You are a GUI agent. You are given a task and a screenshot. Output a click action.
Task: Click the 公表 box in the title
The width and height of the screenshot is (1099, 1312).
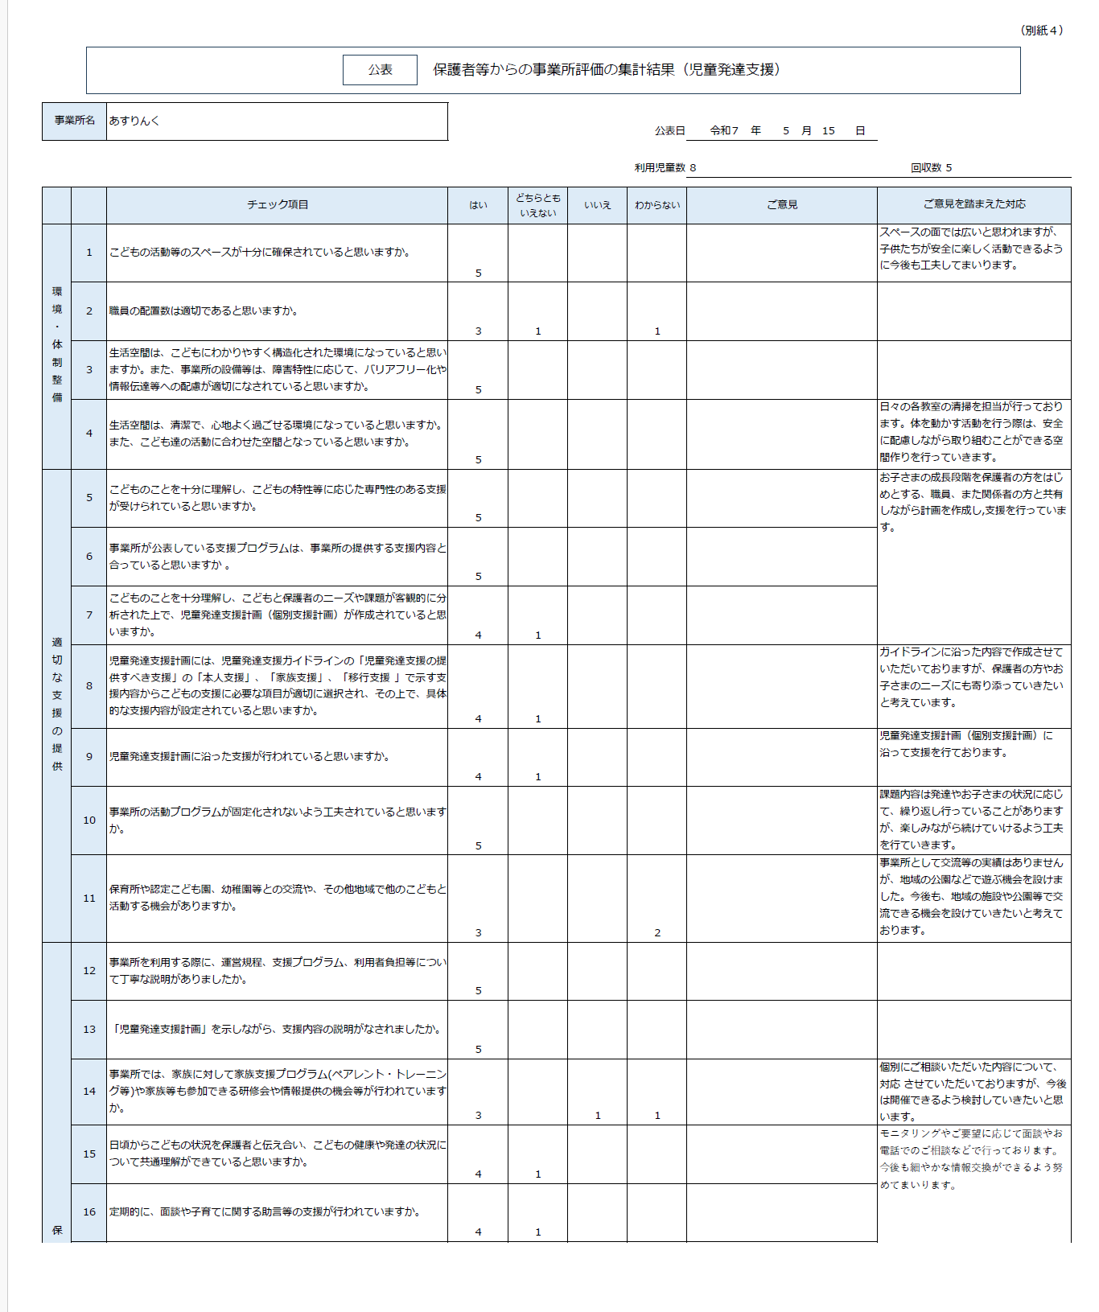click(x=380, y=70)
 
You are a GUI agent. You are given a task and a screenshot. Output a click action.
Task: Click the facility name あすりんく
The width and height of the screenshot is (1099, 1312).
click(x=134, y=121)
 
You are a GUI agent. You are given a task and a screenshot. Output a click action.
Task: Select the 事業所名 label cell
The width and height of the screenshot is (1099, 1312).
click(x=74, y=121)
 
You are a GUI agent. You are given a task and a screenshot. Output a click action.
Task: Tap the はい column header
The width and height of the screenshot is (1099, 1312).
click(x=478, y=205)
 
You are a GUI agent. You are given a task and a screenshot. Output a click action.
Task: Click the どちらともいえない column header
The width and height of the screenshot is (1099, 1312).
click(x=538, y=205)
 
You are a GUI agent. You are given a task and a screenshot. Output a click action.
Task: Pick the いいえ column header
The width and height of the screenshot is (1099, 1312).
click(x=597, y=205)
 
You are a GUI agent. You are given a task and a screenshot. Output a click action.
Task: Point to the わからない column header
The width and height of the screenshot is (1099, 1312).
click(x=657, y=205)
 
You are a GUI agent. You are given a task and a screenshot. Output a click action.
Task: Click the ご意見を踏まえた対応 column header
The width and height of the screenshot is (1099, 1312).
click(x=973, y=204)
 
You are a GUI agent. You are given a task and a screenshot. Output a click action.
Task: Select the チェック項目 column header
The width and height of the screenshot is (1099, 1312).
click(x=278, y=205)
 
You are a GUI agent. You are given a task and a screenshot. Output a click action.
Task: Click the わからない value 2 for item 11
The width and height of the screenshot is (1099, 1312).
click(x=657, y=932)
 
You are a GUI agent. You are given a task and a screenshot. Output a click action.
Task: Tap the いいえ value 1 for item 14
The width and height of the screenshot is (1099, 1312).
click(x=598, y=1115)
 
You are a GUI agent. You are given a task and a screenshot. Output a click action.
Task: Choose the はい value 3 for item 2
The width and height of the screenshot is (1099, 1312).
click(x=478, y=331)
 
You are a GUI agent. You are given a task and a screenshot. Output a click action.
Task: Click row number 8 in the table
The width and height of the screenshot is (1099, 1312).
click(x=89, y=686)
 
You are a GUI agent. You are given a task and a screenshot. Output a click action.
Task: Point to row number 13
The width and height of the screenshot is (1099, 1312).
click(x=89, y=1030)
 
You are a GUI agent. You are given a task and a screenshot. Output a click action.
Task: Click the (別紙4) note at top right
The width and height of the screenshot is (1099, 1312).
click(x=1042, y=31)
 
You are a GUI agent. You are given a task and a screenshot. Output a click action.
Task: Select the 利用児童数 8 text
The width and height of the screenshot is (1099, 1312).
click(x=665, y=168)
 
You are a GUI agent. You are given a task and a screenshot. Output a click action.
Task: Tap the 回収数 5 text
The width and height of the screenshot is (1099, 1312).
click(x=931, y=168)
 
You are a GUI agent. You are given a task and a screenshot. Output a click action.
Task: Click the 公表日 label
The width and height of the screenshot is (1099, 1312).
click(x=669, y=130)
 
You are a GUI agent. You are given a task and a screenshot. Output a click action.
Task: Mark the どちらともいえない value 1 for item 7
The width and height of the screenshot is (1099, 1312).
click(x=538, y=635)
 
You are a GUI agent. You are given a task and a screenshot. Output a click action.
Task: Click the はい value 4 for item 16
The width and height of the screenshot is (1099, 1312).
click(x=478, y=1232)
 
